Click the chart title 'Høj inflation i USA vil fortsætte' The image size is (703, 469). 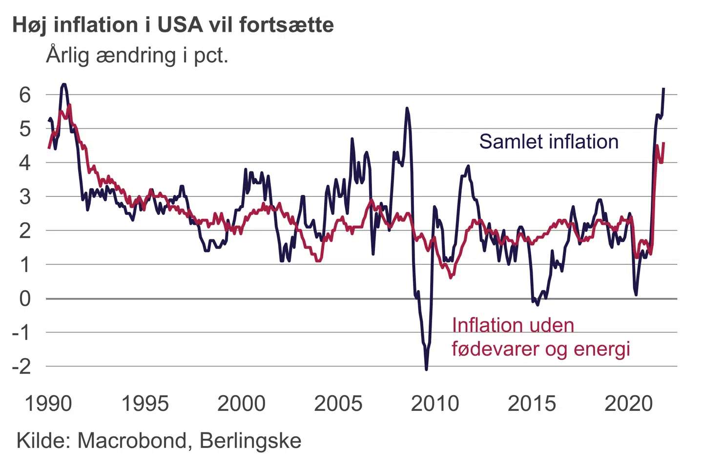[x=173, y=25]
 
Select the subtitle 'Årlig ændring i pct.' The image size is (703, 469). [x=137, y=55]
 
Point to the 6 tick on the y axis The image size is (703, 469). [x=25, y=95]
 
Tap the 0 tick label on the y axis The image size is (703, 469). [x=25, y=298]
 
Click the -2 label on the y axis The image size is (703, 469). [x=21, y=366]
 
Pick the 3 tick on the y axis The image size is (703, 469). [x=25, y=197]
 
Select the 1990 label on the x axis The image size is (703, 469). [x=48, y=404]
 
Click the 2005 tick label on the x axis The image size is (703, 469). [x=338, y=404]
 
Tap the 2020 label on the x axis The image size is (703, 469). [x=629, y=404]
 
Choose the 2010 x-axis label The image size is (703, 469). [x=435, y=404]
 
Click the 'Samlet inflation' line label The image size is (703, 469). [x=549, y=142]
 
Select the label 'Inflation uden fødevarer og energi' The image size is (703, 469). [x=540, y=337]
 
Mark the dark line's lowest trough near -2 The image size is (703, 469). [x=426, y=369]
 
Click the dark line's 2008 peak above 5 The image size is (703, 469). [x=407, y=108]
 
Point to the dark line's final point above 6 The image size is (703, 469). [x=663, y=89]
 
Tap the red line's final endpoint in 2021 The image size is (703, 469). [x=663, y=143]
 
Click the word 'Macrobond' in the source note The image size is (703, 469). [x=132, y=441]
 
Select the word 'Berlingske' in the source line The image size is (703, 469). [x=250, y=441]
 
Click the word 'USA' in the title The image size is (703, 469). [x=180, y=25]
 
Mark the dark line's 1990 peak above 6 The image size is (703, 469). [x=63, y=85]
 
